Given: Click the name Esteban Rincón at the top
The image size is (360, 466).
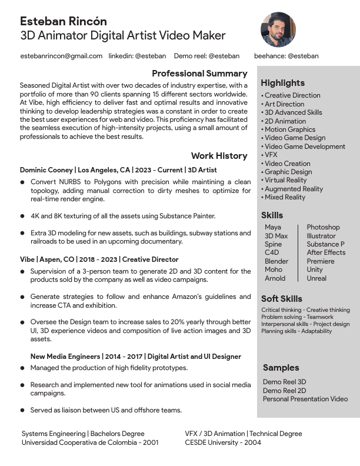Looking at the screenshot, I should [64, 22].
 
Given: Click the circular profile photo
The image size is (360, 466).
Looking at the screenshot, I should [278, 30].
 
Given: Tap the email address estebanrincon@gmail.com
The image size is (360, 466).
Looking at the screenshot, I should [61, 56].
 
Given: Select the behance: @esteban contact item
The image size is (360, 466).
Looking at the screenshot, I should [286, 56].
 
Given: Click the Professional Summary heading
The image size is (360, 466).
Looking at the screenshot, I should [199, 74].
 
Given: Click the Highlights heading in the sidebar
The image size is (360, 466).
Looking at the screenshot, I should [282, 83].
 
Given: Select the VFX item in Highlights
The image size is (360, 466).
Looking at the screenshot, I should [271, 155].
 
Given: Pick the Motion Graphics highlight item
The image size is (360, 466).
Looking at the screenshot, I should [289, 129].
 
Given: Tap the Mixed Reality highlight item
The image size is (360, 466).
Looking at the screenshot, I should [285, 197].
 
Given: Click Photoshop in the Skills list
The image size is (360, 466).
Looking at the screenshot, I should [323, 227].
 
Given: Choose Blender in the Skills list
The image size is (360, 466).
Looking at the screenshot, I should [276, 261].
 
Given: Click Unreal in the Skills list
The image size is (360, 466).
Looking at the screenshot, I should [316, 278].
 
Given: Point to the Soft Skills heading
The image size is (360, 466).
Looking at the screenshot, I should [282, 299].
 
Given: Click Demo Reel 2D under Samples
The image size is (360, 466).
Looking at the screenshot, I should [284, 390].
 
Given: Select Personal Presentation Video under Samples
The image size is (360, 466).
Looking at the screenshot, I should [305, 399].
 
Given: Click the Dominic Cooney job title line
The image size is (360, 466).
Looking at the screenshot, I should [118, 170].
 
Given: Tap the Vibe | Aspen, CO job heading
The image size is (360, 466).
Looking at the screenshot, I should [99, 259].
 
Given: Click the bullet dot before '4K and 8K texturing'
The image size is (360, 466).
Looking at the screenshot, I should [22, 216].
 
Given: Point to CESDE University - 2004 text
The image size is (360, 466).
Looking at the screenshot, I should [223, 442].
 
